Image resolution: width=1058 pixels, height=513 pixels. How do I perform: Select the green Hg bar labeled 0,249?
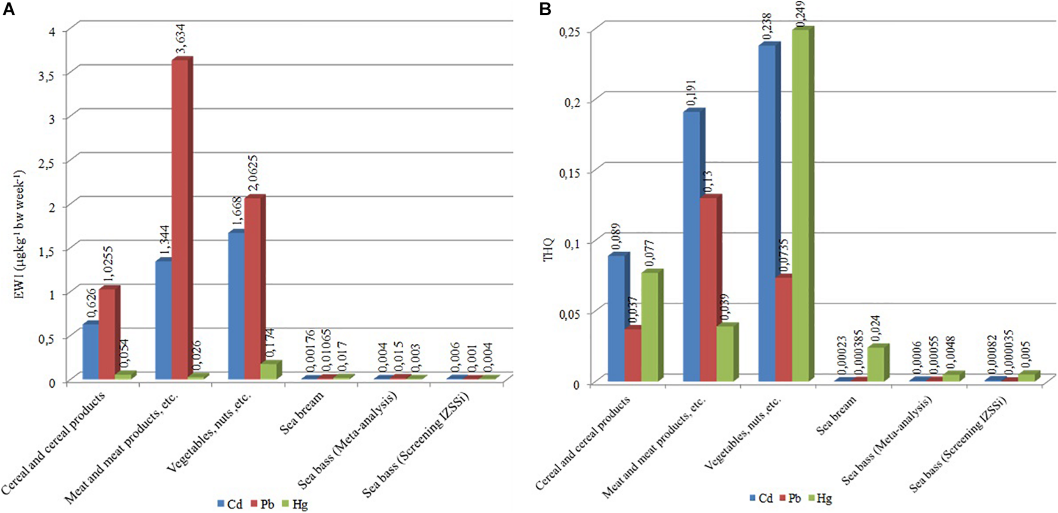(x=800, y=205)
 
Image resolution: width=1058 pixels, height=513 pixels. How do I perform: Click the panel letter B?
(x=545, y=9)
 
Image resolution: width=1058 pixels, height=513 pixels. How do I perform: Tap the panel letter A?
(x=8, y=9)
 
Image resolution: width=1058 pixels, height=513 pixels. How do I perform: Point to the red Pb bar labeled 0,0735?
(x=783, y=329)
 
